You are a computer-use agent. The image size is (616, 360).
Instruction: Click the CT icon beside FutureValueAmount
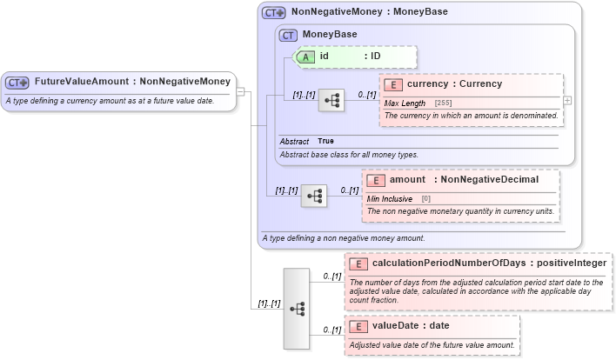[17, 83]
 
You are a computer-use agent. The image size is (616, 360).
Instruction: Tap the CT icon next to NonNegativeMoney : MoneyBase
[274, 14]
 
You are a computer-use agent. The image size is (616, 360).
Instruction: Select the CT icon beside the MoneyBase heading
[288, 35]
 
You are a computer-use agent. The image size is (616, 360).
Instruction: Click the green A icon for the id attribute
[307, 57]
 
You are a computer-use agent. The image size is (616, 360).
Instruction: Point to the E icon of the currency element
[393, 85]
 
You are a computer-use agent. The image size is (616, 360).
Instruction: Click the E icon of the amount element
[376, 180]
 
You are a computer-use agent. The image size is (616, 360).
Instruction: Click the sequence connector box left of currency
[331, 102]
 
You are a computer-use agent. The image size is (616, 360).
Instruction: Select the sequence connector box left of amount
[313, 197]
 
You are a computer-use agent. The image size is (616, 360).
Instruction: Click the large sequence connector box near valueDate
[297, 308]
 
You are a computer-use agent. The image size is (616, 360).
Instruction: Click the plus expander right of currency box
[567, 101]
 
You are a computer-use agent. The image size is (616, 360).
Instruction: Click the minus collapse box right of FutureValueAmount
[240, 90]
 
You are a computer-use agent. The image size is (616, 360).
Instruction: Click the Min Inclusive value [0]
[426, 199]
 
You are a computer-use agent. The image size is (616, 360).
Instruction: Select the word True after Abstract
[325, 141]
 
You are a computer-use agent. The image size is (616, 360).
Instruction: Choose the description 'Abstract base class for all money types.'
[348, 155]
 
